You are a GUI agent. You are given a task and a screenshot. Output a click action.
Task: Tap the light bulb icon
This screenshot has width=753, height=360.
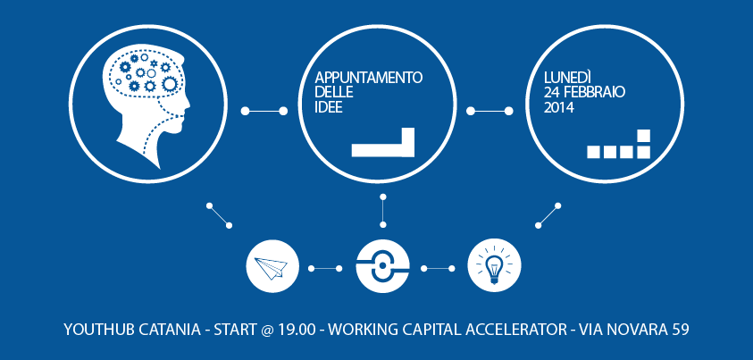[x=494, y=265]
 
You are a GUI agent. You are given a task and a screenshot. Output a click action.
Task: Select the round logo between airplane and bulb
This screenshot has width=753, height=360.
[x=382, y=265]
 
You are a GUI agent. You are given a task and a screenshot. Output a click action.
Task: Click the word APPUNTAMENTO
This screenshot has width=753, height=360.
[x=369, y=78]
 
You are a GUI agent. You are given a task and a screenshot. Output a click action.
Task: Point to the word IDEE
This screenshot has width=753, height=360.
[x=329, y=107]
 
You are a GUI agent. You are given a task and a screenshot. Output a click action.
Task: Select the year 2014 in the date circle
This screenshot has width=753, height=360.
[x=559, y=107]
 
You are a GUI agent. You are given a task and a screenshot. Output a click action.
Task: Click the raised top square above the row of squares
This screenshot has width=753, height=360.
[x=643, y=136]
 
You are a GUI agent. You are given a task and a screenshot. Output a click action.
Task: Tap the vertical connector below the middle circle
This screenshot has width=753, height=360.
[x=382, y=210]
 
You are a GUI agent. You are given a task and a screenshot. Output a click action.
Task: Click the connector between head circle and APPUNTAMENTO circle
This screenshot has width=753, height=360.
[x=264, y=111]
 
